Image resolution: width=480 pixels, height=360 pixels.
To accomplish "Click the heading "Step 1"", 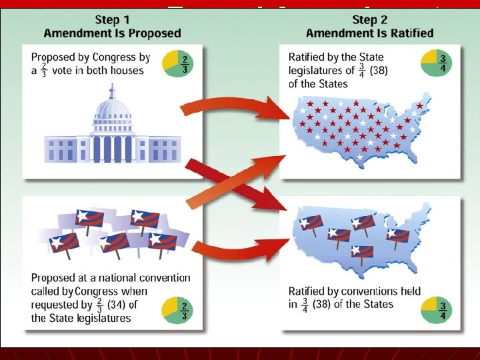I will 112,19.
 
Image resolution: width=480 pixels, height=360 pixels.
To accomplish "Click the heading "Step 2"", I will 369,19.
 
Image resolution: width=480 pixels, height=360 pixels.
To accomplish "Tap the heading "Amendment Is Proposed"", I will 112,33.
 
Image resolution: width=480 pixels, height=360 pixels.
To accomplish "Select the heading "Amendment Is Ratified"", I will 369,33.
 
